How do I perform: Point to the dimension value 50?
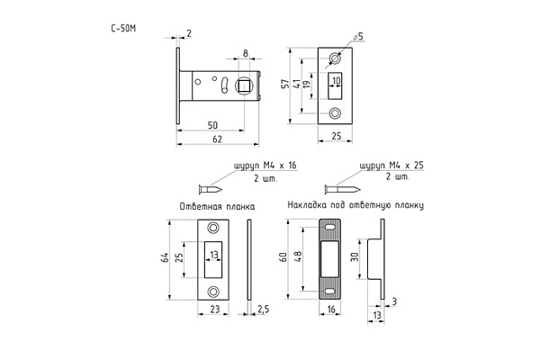(x=212, y=123)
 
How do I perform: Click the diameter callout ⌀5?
(x=358, y=36)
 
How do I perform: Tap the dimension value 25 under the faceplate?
(x=337, y=137)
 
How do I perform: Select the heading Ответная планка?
(x=216, y=206)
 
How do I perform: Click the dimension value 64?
(x=166, y=258)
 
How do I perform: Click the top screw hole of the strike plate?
(x=214, y=227)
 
